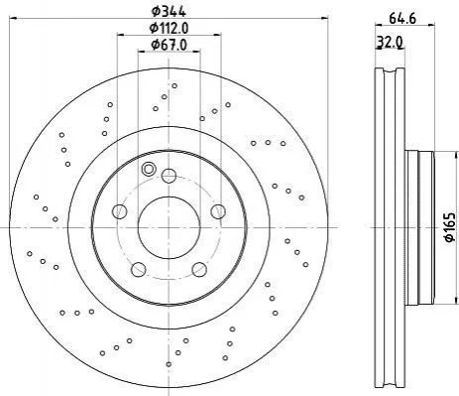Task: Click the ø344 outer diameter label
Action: (169, 11)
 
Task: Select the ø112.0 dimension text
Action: (169, 29)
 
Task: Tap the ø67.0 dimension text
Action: (169, 45)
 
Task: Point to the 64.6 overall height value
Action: (402, 18)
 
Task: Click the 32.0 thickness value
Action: (390, 42)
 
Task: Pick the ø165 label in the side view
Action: (450, 227)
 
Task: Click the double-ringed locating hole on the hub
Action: (148, 169)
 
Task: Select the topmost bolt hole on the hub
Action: (169, 176)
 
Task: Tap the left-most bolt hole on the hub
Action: (120, 211)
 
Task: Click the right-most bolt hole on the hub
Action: (218, 211)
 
